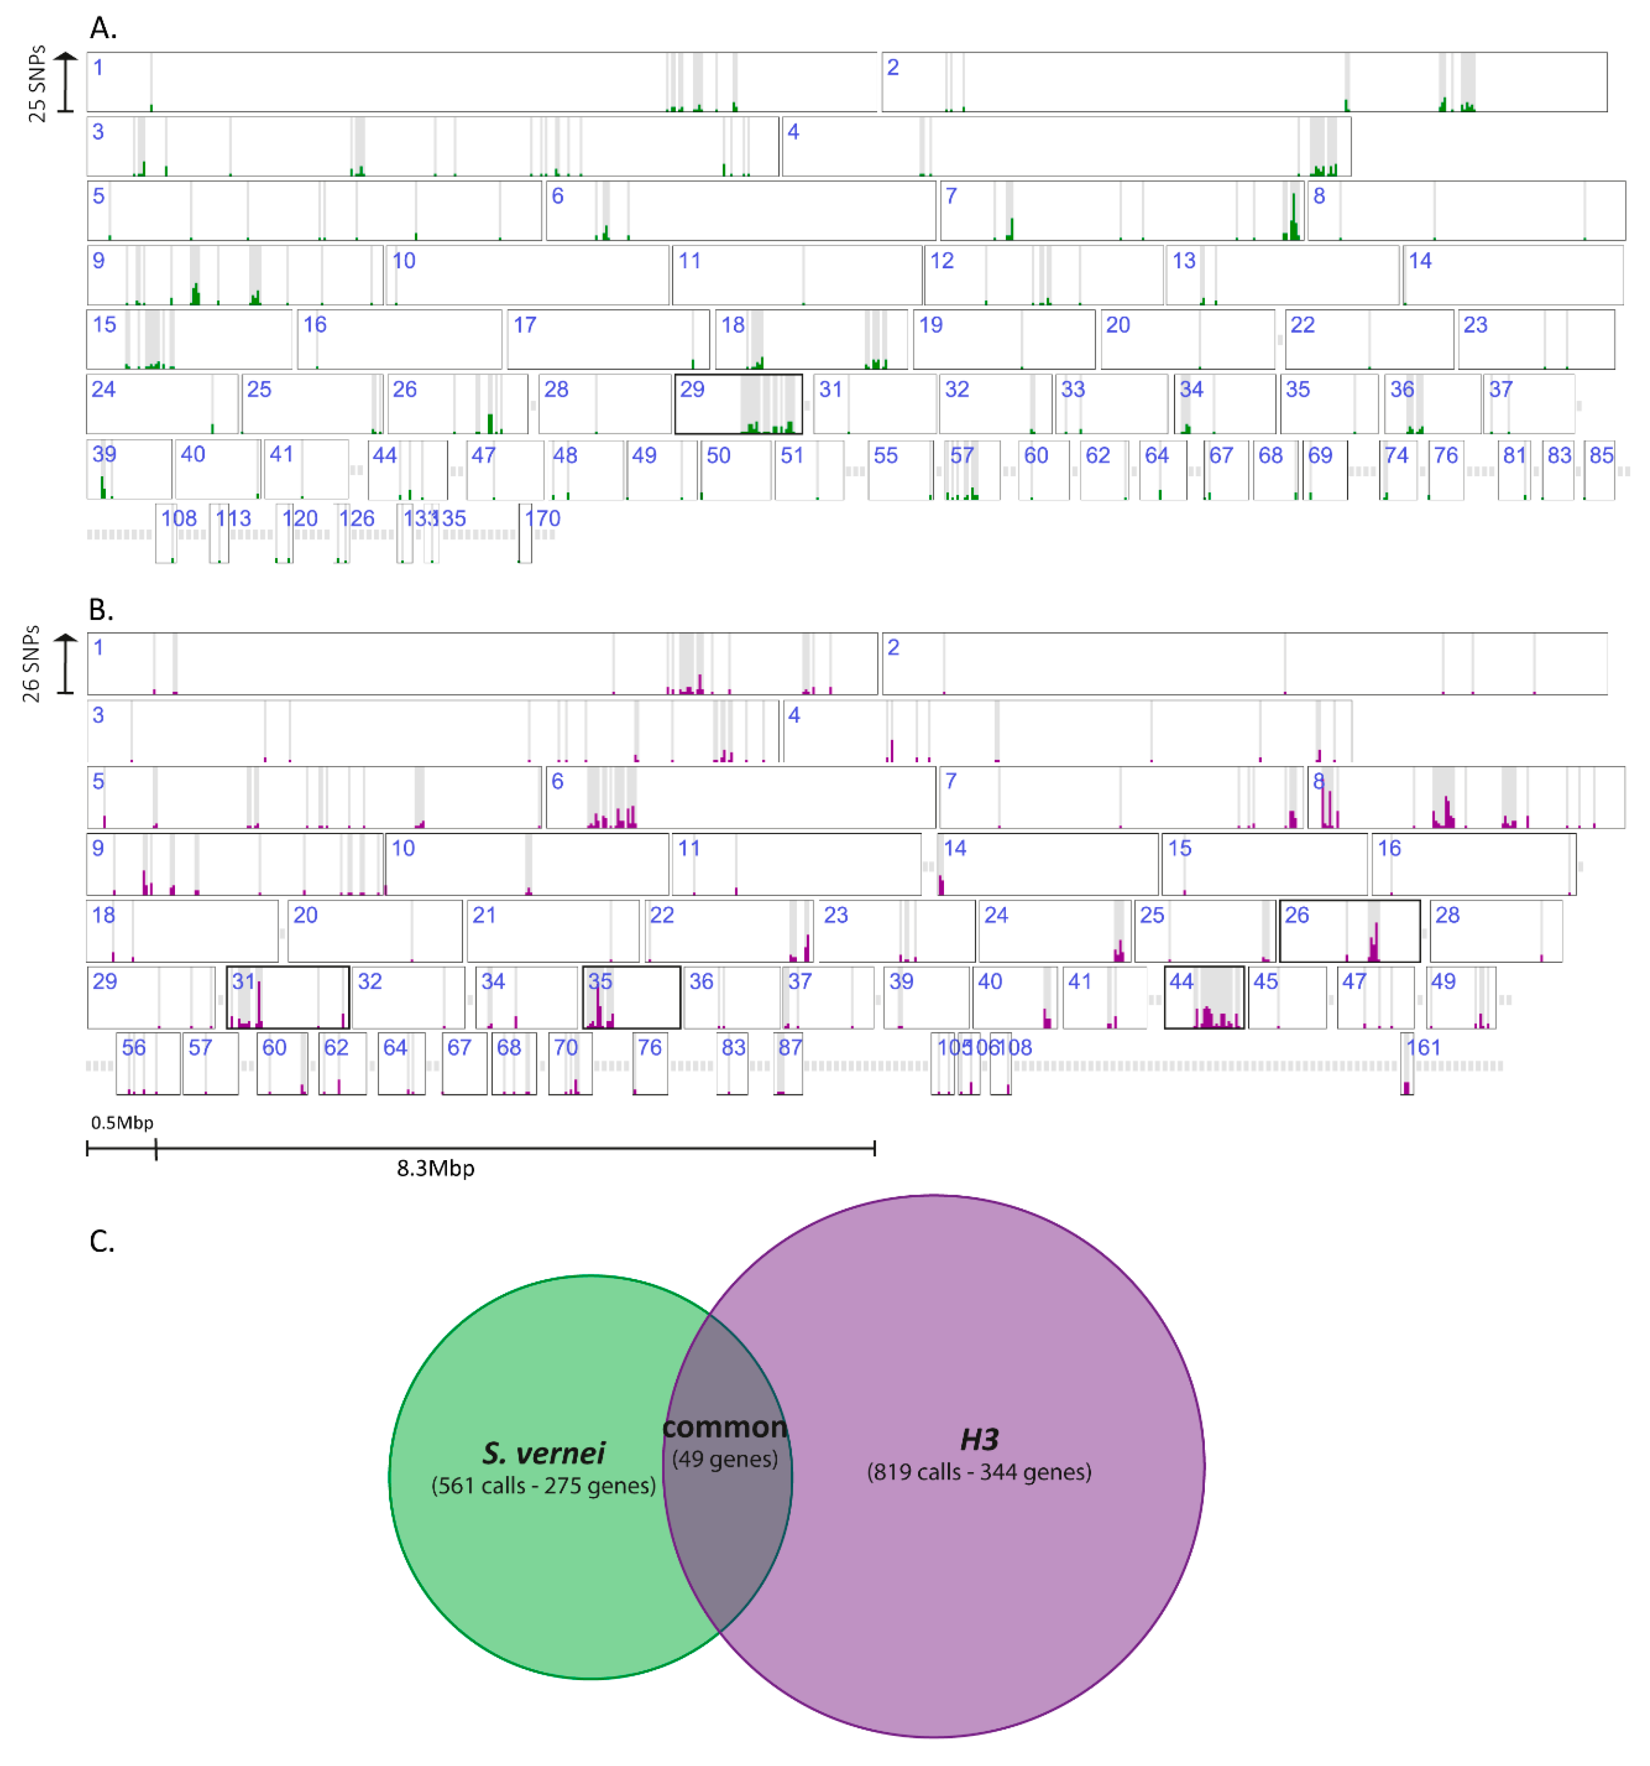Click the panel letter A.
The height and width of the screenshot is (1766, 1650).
tap(103, 28)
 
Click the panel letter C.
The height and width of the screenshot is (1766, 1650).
tap(102, 1241)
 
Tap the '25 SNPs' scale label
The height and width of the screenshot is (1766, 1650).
tap(36, 84)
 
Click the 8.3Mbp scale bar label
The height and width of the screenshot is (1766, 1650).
tap(435, 1168)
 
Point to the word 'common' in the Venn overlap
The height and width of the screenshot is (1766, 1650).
tap(725, 1428)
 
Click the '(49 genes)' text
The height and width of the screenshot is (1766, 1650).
tap(725, 1459)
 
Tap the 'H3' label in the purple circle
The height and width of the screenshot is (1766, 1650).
tap(979, 1439)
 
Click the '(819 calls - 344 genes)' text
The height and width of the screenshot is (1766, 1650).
tap(979, 1472)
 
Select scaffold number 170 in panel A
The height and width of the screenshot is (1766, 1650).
tap(543, 518)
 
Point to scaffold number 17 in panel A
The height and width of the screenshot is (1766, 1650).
tap(525, 325)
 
